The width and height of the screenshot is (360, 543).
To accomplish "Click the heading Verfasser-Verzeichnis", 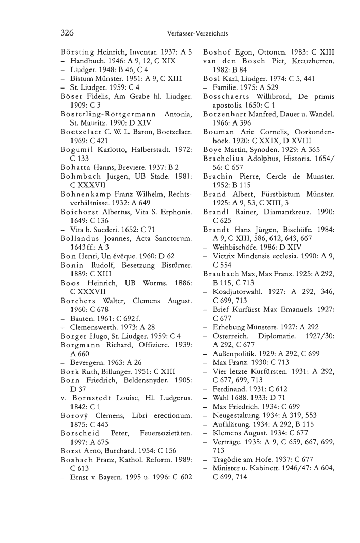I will pos(197,34).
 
